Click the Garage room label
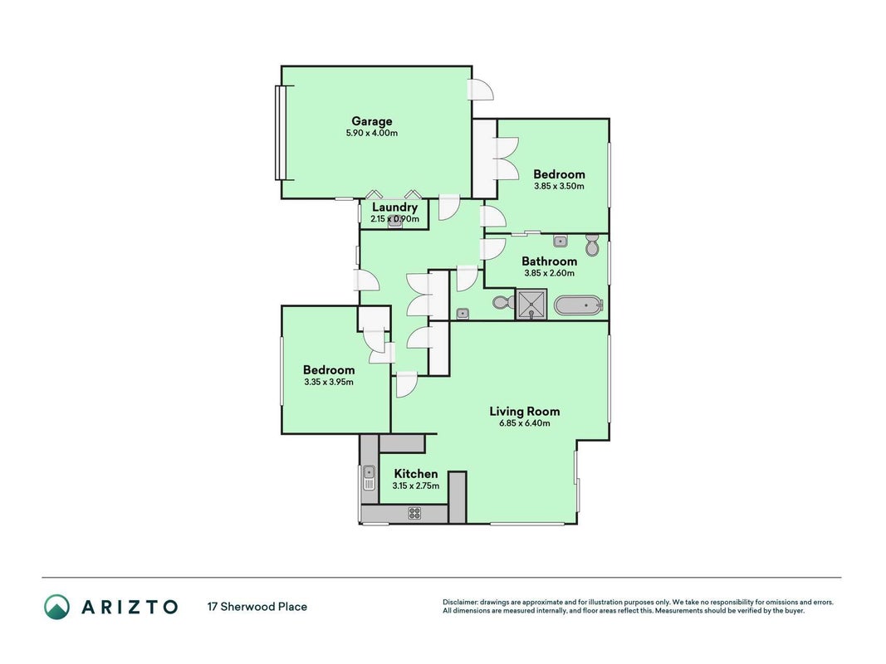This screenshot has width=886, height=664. pyautogui.click(x=371, y=121)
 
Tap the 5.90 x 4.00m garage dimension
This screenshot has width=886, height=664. pyautogui.click(x=372, y=134)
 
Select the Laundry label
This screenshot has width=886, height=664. pyautogui.click(x=394, y=207)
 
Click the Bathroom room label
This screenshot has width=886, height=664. pyautogui.click(x=549, y=261)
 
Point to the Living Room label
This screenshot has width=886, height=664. pyautogui.click(x=524, y=411)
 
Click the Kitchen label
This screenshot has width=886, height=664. pyautogui.click(x=416, y=474)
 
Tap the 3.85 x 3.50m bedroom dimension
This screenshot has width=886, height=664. pyautogui.click(x=559, y=186)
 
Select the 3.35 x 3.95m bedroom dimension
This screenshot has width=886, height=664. pyautogui.click(x=329, y=382)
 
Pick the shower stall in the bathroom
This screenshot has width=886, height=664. pyautogui.click(x=531, y=305)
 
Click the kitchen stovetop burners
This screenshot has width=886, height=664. pyautogui.click(x=414, y=513)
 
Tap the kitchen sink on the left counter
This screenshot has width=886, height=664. pyautogui.click(x=369, y=478)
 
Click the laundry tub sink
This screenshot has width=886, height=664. pyautogui.click(x=395, y=222)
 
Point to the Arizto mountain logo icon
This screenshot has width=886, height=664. pyautogui.click(x=57, y=607)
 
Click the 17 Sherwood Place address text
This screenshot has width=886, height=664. pyautogui.click(x=257, y=607)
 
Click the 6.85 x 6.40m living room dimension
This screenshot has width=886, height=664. pyautogui.click(x=524, y=423)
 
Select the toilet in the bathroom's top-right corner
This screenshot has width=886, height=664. pyautogui.click(x=592, y=245)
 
